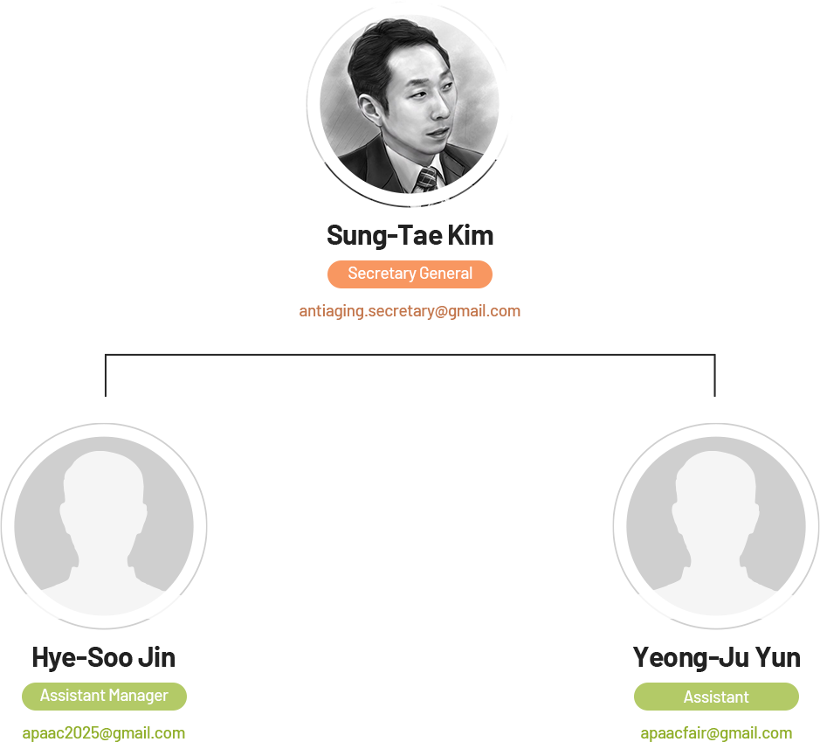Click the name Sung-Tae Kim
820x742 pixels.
410,235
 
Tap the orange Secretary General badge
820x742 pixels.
410,274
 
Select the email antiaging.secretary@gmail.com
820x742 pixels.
410,311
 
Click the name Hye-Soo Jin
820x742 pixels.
104,658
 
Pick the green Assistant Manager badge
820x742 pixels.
104,696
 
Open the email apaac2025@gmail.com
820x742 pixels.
104,733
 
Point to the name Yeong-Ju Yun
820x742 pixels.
716,658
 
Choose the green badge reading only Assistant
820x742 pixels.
716,697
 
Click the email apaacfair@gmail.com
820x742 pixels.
716,733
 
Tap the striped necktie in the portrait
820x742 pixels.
427,179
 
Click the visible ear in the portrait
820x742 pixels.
370,109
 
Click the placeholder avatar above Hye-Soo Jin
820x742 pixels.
104,526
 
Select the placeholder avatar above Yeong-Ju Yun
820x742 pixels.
716,526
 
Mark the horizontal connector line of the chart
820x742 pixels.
410,355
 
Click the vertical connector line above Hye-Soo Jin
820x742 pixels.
106,375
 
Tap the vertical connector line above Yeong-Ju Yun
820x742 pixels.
715,375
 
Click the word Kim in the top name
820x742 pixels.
471,235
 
